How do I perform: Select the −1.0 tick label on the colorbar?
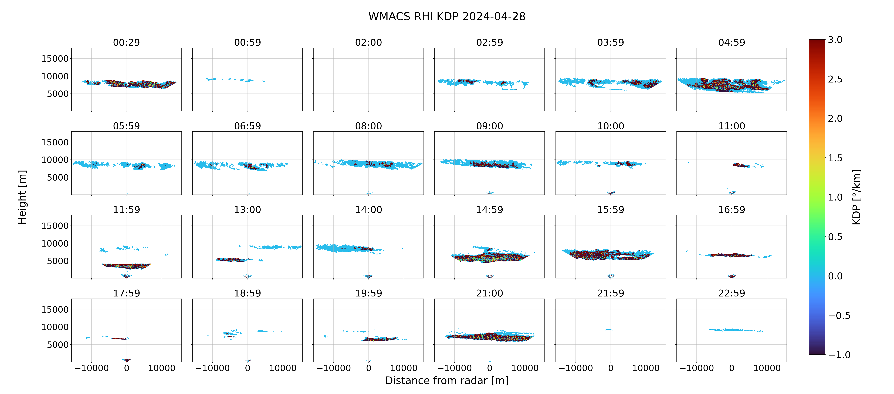point(839,355)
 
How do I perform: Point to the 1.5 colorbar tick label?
point(835,158)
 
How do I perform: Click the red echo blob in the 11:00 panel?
point(741,165)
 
